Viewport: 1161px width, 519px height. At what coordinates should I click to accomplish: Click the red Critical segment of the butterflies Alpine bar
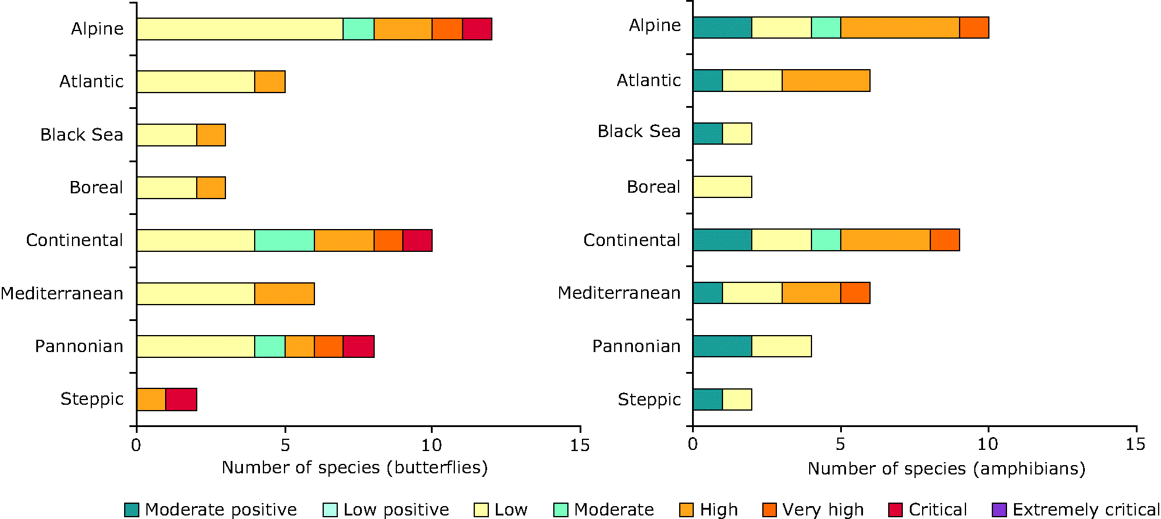[x=477, y=29]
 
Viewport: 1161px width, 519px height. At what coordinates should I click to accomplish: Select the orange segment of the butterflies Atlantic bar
[x=270, y=82]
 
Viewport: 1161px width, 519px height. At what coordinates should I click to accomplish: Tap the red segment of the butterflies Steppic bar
[x=181, y=400]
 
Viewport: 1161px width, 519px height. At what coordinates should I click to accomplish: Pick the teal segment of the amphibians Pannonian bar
[x=722, y=346]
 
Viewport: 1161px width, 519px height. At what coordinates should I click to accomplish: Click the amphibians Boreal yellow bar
[x=722, y=187]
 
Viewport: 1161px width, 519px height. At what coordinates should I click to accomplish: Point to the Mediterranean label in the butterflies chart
[x=62, y=293]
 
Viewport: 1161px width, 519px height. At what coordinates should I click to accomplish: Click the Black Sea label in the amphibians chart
[x=639, y=131]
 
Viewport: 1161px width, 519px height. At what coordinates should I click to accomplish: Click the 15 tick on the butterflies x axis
[x=580, y=446]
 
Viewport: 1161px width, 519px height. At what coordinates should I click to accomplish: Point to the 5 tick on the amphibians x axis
[x=840, y=445]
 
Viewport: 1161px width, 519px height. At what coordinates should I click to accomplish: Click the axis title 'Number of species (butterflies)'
[x=355, y=467]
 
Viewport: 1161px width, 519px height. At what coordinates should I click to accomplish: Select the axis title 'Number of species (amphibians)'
[x=947, y=469]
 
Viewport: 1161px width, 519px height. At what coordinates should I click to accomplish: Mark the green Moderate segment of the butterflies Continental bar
[x=285, y=241]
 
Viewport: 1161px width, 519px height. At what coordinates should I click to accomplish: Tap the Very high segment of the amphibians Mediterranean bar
[x=855, y=293]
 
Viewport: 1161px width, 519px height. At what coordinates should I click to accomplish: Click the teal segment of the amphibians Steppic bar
[x=708, y=400]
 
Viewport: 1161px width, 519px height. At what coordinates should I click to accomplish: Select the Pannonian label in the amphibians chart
[x=636, y=346]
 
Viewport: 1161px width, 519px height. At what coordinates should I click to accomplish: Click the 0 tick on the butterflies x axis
[x=136, y=446]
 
